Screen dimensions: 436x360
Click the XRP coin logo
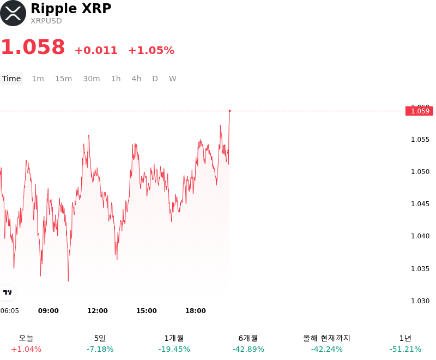tap(13, 13)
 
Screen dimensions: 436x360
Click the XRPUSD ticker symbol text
tap(46, 21)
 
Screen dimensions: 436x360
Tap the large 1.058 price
tap(33, 47)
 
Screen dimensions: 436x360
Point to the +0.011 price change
tap(96, 50)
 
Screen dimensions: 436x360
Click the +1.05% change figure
tap(152, 50)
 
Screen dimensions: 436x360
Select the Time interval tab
tap(11, 79)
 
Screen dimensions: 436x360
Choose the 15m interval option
tap(63, 79)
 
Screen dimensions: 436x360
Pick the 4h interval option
tap(136, 79)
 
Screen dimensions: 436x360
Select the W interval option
tap(173, 79)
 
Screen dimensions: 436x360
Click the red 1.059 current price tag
tap(419, 111)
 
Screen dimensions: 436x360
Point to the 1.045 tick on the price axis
tap(420, 204)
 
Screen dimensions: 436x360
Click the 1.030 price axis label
tap(420, 301)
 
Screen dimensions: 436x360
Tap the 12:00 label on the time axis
tap(98, 311)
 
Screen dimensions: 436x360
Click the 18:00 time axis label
tap(196, 311)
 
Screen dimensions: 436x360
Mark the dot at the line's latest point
tap(229, 111)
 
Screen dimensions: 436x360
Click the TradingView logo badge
tap(7, 292)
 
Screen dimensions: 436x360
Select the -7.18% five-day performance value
tap(100, 349)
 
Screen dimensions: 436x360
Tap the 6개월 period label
tap(248, 338)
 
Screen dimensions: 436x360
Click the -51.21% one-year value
tap(405, 349)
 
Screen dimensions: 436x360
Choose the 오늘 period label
tap(26, 338)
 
